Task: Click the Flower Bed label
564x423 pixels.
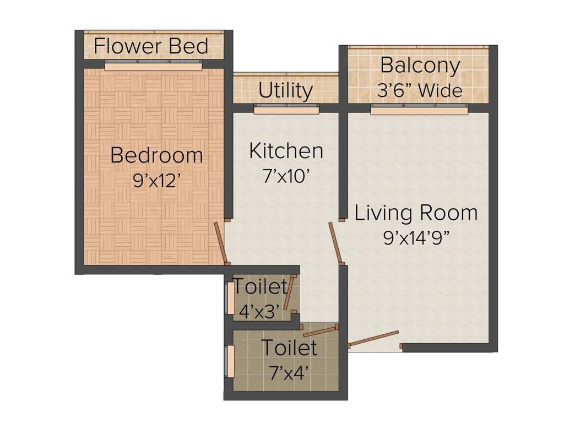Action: tap(151, 46)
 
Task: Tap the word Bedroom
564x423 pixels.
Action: tap(156, 155)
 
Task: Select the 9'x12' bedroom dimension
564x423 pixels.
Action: tap(156, 181)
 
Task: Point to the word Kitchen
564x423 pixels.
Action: tap(286, 151)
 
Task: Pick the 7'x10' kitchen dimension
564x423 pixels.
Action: tap(286, 176)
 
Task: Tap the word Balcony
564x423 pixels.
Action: tap(420, 66)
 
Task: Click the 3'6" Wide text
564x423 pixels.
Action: tap(420, 90)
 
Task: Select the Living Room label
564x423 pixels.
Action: tap(416, 213)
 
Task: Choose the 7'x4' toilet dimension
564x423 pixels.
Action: tap(289, 372)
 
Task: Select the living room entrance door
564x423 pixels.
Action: tap(374, 339)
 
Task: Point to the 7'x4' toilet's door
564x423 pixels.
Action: tap(319, 330)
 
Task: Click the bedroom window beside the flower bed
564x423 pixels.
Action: tap(153, 66)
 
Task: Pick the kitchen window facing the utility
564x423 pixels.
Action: tap(286, 110)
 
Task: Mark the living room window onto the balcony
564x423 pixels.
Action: tap(419, 111)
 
